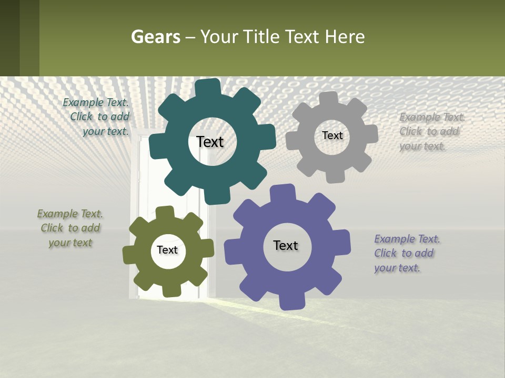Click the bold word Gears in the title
[x=155, y=37]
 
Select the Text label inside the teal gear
[x=210, y=142]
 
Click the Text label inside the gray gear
[x=332, y=135]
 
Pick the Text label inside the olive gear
[x=167, y=250]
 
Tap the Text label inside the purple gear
[x=286, y=245]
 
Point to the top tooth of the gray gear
[x=329, y=99]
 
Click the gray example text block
[x=432, y=131]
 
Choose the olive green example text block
[x=70, y=228]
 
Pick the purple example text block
[x=407, y=253]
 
